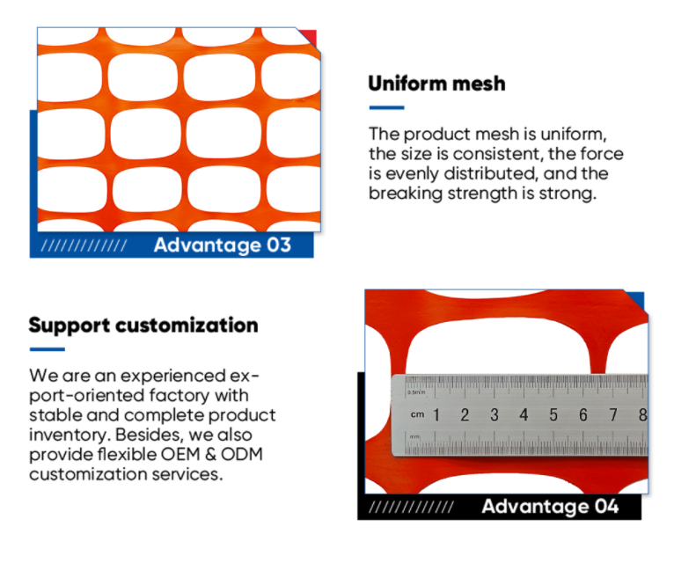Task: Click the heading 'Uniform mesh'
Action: tap(436, 84)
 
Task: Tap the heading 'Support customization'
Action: tap(143, 326)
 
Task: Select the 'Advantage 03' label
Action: tap(223, 245)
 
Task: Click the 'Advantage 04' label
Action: tap(550, 507)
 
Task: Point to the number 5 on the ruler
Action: tap(553, 414)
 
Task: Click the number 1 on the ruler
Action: tap(436, 414)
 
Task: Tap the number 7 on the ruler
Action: tap(613, 414)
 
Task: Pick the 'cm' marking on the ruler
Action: tap(417, 414)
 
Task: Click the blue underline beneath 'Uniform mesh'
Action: tap(386, 107)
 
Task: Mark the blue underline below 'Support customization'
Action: tap(48, 349)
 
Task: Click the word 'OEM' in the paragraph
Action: tap(180, 454)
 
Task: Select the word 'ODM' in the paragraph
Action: tap(242, 454)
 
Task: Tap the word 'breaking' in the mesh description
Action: tap(406, 194)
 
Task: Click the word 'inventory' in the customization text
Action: tap(70, 435)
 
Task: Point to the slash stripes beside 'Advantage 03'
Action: tap(84, 245)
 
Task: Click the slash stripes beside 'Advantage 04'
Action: tap(412, 508)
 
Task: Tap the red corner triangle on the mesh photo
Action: tap(311, 36)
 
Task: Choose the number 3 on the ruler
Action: tap(494, 414)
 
